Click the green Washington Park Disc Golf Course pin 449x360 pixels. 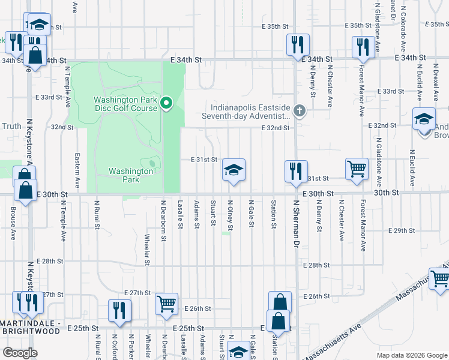tap(168, 104)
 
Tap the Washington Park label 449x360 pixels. tap(131, 175)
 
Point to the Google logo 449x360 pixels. tap(20, 352)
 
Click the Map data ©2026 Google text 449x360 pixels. tap(411, 355)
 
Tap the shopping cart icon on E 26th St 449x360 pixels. tap(166, 303)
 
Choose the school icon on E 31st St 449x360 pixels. tap(234, 169)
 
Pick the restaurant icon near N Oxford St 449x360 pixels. tap(119, 310)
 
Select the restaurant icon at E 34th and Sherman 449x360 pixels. tap(297, 44)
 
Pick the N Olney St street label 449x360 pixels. tap(230, 214)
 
